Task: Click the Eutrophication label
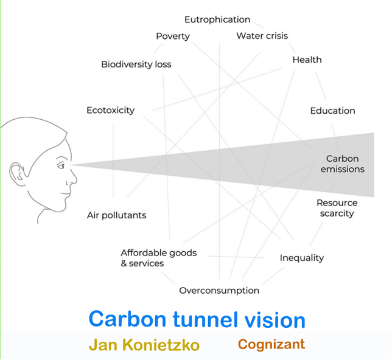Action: click(217, 19)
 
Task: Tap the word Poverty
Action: click(173, 36)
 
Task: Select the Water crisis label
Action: click(262, 36)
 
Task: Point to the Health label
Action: click(307, 60)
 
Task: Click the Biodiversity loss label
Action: click(136, 64)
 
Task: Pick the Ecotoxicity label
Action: click(111, 111)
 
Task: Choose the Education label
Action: click(332, 111)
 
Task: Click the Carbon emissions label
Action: click(343, 164)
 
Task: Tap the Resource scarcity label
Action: click(337, 208)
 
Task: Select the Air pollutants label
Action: click(116, 215)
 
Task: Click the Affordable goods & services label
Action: click(159, 258)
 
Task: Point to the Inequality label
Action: click(302, 258)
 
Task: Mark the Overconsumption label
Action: click(219, 291)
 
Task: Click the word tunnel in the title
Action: click(205, 319)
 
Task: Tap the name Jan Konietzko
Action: click(144, 345)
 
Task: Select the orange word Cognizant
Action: click(271, 345)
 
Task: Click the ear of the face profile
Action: click(17, 174)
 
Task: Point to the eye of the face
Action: click(61, 165)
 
